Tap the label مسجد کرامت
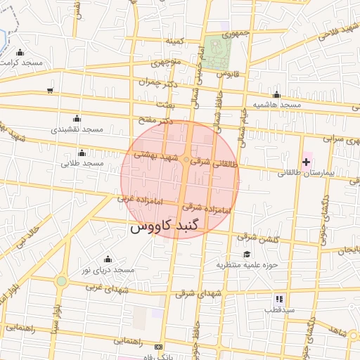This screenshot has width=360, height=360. pos(22,63)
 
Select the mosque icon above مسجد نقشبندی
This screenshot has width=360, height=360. pos(76,118)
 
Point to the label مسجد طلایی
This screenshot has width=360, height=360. pos(82,163)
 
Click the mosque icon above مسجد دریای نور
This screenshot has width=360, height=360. pos(107,259)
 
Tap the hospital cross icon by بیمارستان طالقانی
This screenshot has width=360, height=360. pos(305,162)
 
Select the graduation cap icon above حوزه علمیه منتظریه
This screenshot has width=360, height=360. pos(246,254)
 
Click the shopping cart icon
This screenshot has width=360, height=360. pos(49,90)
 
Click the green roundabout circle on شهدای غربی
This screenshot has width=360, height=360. pos(61,281)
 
